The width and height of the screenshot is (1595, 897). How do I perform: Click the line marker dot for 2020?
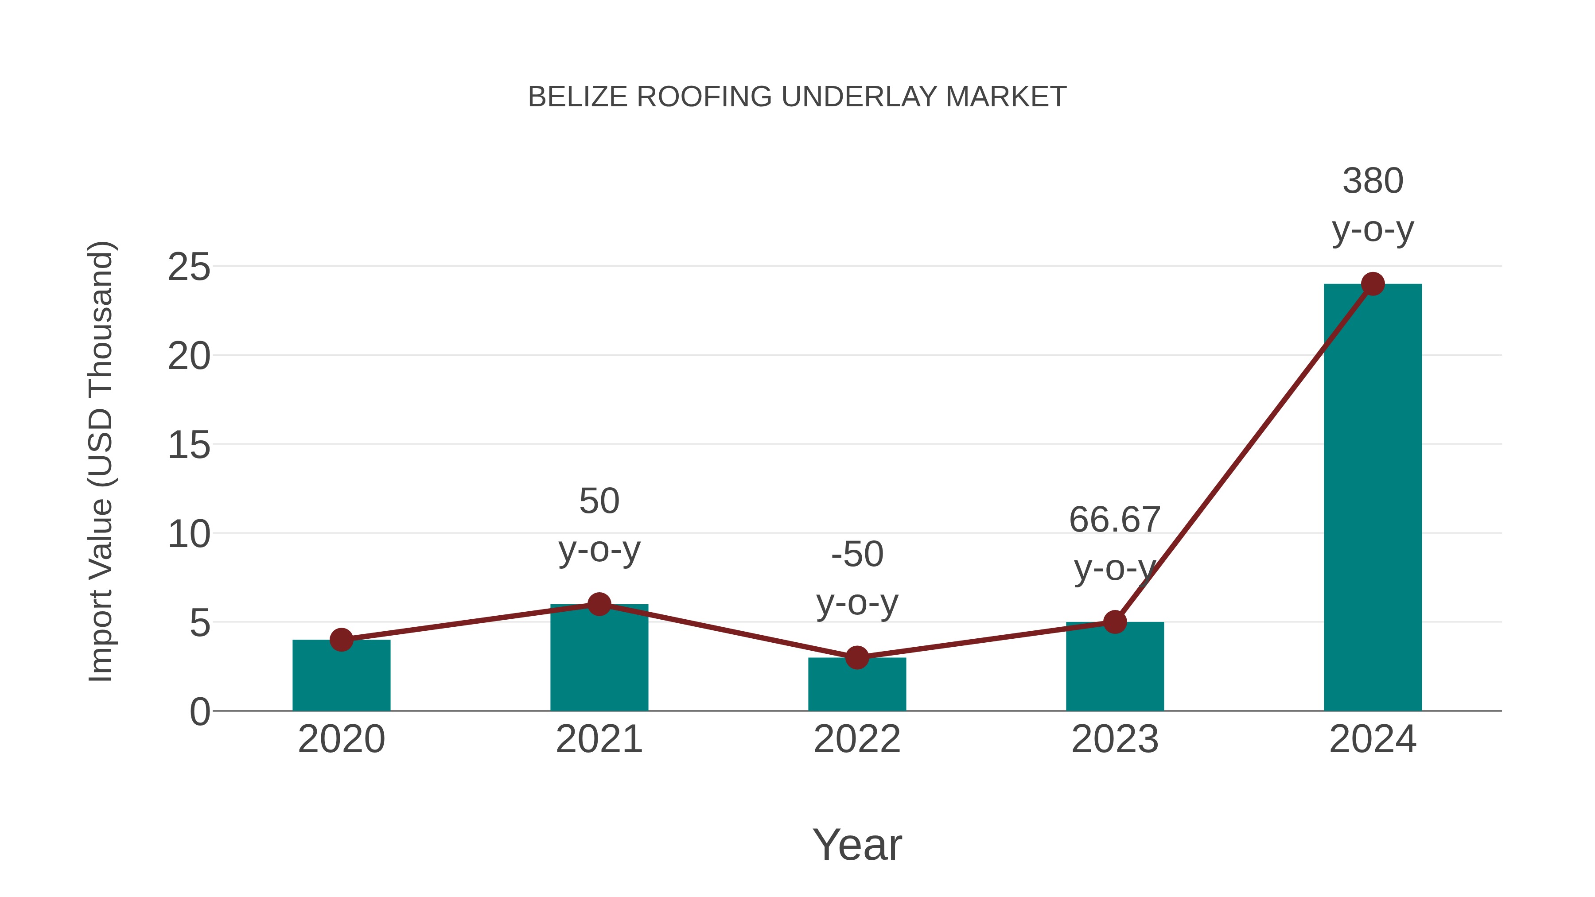coord(341,640)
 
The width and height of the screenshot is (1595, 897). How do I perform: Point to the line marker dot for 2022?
coord(857,657)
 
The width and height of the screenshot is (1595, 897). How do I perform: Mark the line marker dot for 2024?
coord(1373,284)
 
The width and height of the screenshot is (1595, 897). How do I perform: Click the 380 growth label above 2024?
coord(1373,181)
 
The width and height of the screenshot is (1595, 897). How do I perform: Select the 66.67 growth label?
coord(1115,520)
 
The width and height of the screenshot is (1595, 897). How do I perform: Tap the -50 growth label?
coord(857,554)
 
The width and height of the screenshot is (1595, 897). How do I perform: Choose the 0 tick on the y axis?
coord(199,712)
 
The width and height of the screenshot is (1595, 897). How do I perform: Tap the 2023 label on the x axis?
coord(1115,739)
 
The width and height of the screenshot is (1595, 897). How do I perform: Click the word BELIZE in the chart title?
coord(578,97)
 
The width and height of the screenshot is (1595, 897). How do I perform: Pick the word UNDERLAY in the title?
coord(860,97)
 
